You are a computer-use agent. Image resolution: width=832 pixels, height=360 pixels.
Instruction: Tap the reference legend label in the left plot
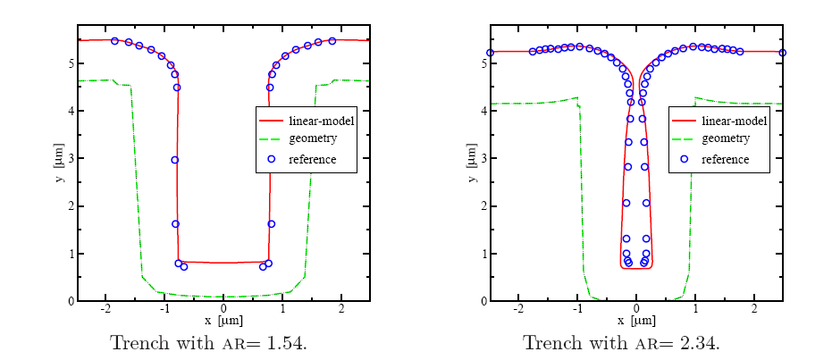pos(313,159)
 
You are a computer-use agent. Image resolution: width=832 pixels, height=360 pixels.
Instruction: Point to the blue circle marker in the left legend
pos(271,159)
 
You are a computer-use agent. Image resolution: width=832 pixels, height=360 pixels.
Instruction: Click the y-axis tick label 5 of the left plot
pos(70,63)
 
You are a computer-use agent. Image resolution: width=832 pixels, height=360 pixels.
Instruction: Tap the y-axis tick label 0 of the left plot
pos(70,301)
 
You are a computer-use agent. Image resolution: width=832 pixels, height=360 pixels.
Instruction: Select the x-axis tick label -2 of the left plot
pos(105,309)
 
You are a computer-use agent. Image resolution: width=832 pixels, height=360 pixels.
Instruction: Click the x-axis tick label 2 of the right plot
pos(754,309)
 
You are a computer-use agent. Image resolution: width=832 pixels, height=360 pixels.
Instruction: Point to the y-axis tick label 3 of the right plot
pos(483,158)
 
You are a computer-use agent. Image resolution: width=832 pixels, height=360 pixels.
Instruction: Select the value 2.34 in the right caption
pos(702,343)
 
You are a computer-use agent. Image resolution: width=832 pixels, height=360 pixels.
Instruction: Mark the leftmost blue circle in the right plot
pos(490,53)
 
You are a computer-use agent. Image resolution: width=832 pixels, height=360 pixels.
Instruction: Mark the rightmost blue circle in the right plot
pos(783,53)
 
